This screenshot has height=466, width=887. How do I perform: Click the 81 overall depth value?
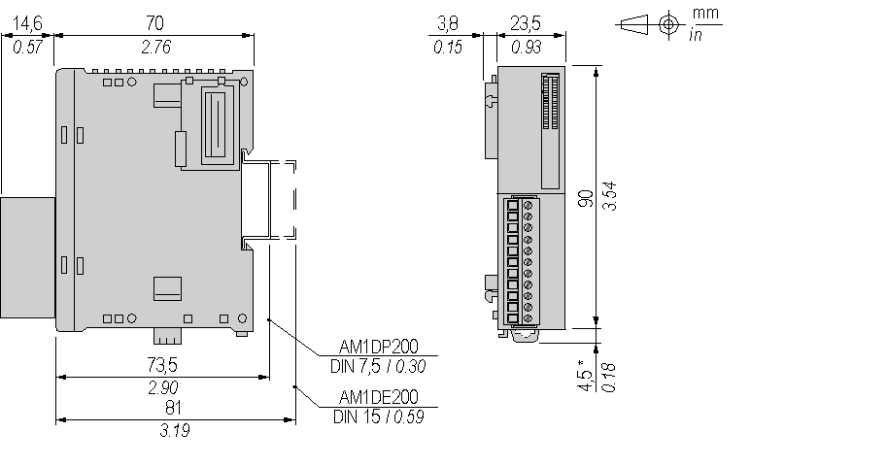175,408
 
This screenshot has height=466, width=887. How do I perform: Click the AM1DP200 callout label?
380,346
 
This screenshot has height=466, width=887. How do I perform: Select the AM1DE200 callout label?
379,398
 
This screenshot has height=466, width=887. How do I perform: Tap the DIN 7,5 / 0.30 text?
379,367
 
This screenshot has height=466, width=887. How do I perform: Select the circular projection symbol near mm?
668,24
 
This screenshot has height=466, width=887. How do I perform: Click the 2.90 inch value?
161,388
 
